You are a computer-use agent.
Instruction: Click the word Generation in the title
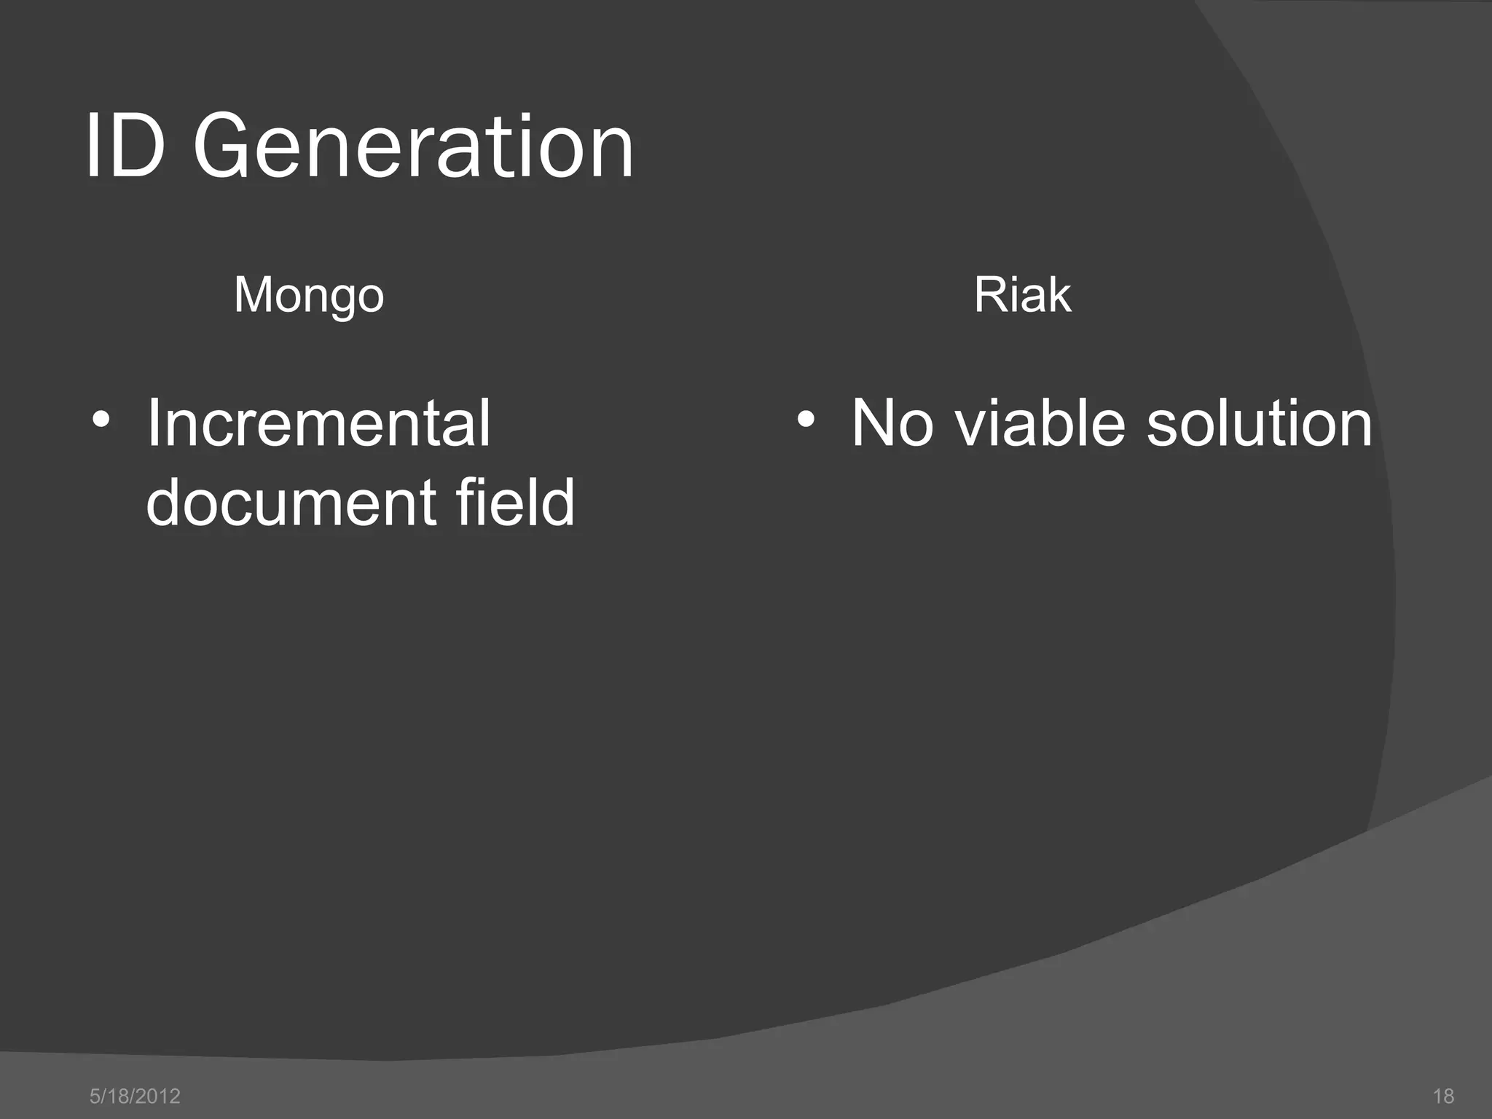pos(413,147)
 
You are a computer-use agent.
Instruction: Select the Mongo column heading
pos(309,295)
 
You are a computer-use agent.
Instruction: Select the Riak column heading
pos(1022,295)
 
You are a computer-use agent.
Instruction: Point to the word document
pos(289,503)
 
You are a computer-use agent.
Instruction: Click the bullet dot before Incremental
pos(101,420)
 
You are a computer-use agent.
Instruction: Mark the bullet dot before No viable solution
pos(805,420)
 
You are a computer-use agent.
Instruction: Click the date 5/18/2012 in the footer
pos(135,1096)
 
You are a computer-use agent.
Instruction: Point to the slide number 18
pos(1443,1096)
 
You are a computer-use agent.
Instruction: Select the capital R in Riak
pos(989,295)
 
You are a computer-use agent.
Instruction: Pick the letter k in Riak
pos(1059,295)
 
